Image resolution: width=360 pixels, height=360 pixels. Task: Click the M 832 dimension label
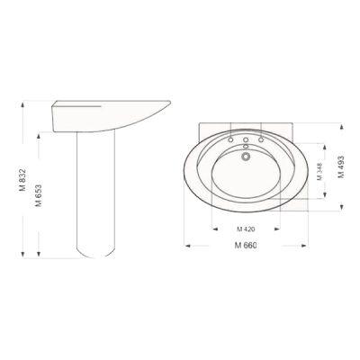tap(22, 180)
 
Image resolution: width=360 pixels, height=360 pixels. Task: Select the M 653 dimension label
tap(38, 195)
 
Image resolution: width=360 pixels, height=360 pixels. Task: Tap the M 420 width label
tap(246, 229)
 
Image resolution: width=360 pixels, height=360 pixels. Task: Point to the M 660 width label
tap(246, 245)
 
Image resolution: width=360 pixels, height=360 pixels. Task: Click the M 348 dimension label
tap(319, 171)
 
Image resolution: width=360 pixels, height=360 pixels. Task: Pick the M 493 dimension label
tap(341, 167)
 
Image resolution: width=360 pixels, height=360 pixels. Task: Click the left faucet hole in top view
tap(230, 139)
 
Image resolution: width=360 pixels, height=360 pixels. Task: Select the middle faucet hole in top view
tap(246, 139)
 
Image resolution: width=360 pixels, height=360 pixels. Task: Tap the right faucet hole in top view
tap(261, 139)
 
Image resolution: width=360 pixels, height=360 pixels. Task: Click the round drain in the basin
tap(246, 156)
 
